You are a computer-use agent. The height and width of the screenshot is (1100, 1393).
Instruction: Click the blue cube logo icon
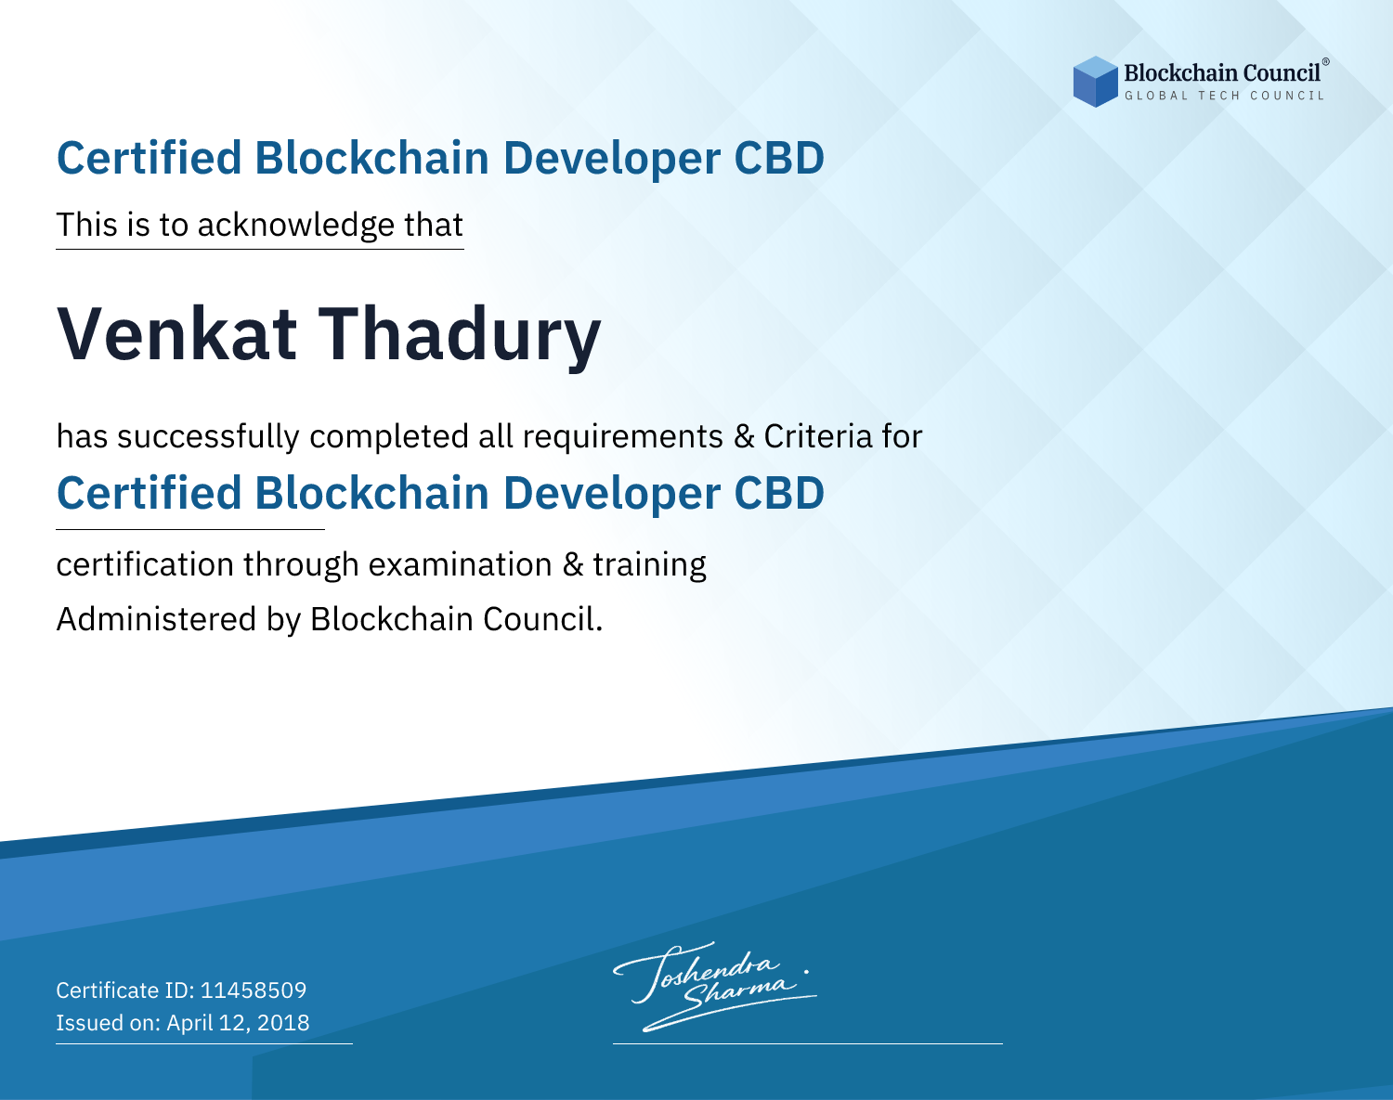pos(1095,82)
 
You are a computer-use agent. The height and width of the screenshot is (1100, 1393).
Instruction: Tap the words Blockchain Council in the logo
pos(1221,73)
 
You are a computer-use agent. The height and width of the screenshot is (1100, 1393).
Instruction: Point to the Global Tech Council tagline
pos(1224,96)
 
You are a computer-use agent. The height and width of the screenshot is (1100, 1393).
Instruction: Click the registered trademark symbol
pos(1325,62)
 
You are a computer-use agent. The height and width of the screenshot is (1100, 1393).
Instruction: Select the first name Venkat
pos(176,334)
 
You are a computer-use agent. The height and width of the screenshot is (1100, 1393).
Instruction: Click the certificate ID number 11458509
pos(254,990)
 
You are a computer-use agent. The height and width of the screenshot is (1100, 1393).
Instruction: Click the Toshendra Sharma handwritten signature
pos(715,987)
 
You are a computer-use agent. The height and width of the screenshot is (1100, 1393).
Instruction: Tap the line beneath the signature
pos(807,1043)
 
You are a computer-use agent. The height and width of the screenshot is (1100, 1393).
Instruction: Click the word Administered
pos(156,618)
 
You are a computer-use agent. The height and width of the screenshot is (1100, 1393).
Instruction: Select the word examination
pos(460,563)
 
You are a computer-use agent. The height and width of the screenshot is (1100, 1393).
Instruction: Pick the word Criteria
pos(817,436)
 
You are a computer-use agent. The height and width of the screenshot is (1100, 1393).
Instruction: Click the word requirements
pos(623,437)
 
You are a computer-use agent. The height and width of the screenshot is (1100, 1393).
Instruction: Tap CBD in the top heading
pos(779,158)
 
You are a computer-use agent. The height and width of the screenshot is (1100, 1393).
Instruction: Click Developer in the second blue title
pos(611,495)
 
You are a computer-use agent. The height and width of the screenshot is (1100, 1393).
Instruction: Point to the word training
pos(649,565)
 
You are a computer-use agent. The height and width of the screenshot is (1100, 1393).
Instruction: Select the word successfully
pos(208,437)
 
